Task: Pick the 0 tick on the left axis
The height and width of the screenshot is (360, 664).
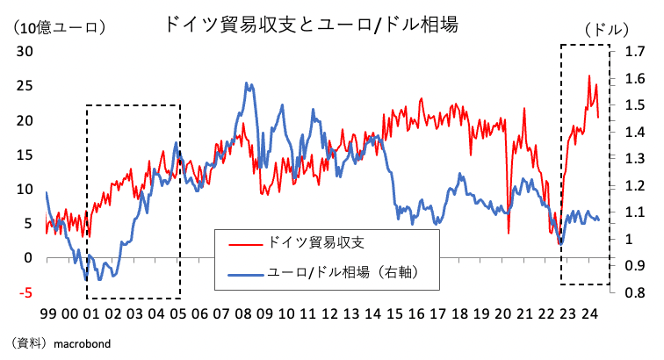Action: click(x=27, y=258)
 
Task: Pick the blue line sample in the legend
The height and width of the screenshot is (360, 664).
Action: click(x=245, y=274)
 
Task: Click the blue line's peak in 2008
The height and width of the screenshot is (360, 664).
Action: click(x=247, y=83)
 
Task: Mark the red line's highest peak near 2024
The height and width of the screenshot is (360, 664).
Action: click(x=588, y=76)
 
